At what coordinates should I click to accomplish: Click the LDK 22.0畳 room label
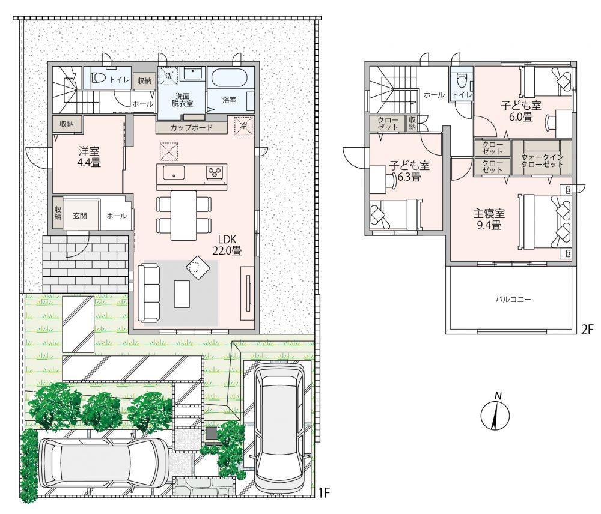pos(227,245)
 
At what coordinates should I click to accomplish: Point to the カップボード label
pos(191,127)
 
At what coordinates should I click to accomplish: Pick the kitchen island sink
pos(174,172)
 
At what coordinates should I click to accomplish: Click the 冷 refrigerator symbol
pos(243,125)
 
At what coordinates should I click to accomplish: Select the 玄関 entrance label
pos(80,216)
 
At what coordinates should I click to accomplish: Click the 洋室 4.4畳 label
pos(89,157)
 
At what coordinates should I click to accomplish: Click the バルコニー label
pos(513,299)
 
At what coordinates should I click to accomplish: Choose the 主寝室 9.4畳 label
pos(489,219)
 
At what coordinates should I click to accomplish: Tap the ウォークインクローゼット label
pos(542,161)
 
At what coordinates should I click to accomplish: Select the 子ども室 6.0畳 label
pos(521,111)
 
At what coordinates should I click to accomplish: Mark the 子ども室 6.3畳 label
pos(409,171)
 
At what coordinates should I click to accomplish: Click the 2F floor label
pos(587,330)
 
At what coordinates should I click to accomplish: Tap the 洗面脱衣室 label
pos(183,100)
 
